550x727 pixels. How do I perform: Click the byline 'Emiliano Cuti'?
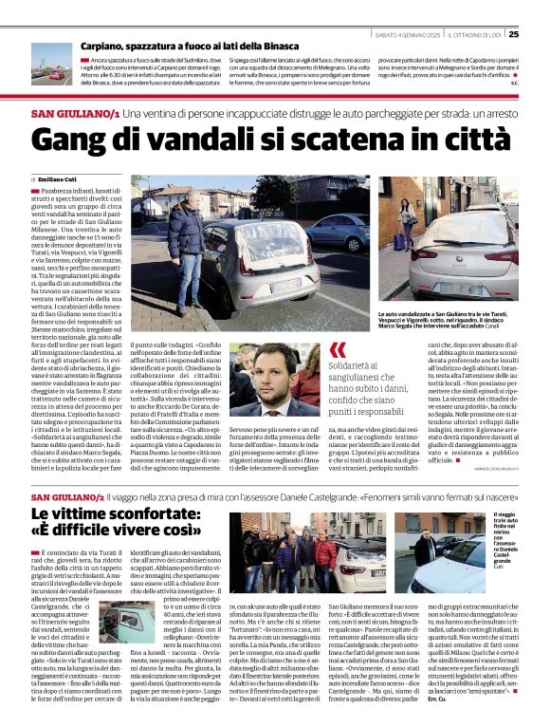(57, 179)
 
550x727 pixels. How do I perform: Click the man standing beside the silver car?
(183, 242)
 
